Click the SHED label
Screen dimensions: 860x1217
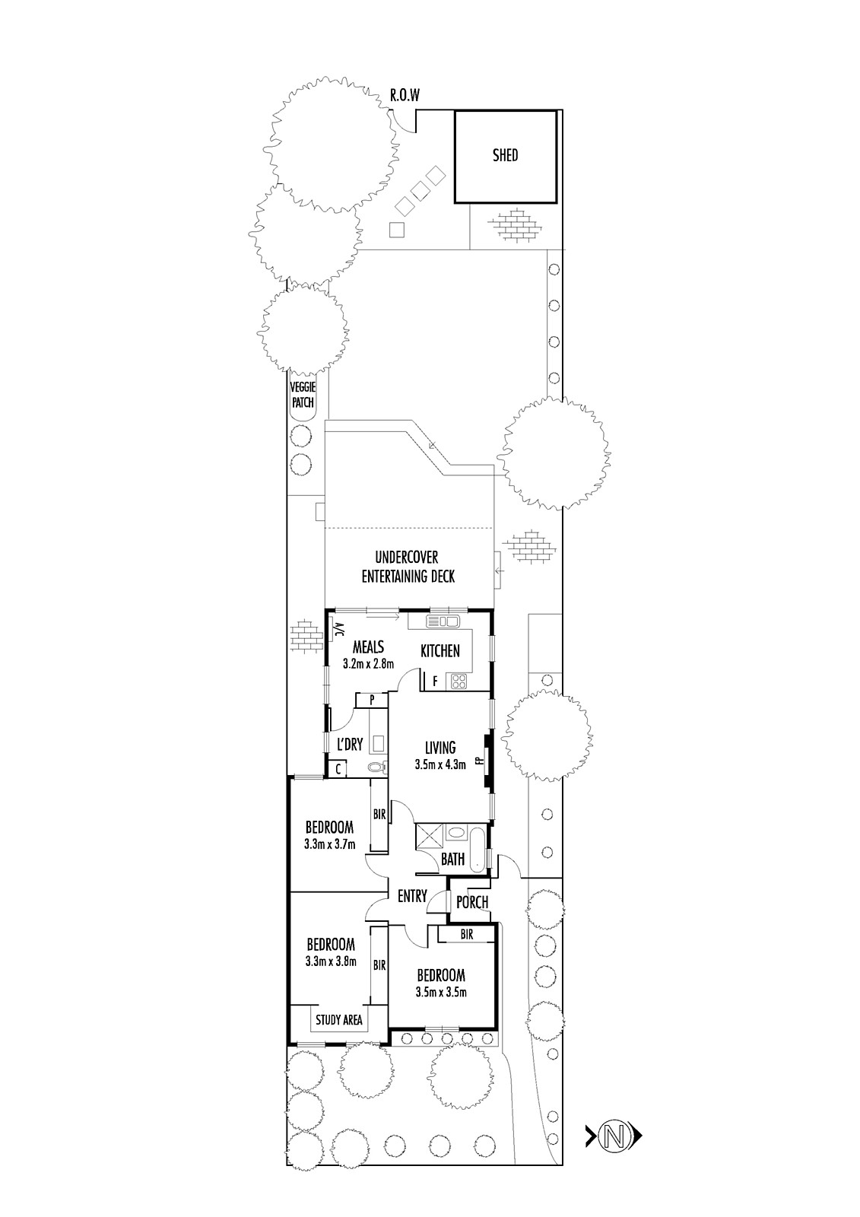tap(505, 155)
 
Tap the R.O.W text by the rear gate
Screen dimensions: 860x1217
tap(405, 96)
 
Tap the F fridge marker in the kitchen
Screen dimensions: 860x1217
tap(435, 682)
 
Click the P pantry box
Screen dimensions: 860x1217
tap(372, 700)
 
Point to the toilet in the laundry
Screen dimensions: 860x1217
tap(377, 767)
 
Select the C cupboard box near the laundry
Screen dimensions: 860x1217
tap(338, 769)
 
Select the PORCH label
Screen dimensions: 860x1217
tap(471, 902)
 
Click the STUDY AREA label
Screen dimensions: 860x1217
tap(339, 1020)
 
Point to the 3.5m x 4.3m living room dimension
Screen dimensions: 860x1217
tap(440, 765)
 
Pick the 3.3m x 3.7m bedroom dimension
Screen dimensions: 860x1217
tap(330, 844)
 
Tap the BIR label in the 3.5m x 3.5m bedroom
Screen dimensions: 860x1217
tap(467, 934)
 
